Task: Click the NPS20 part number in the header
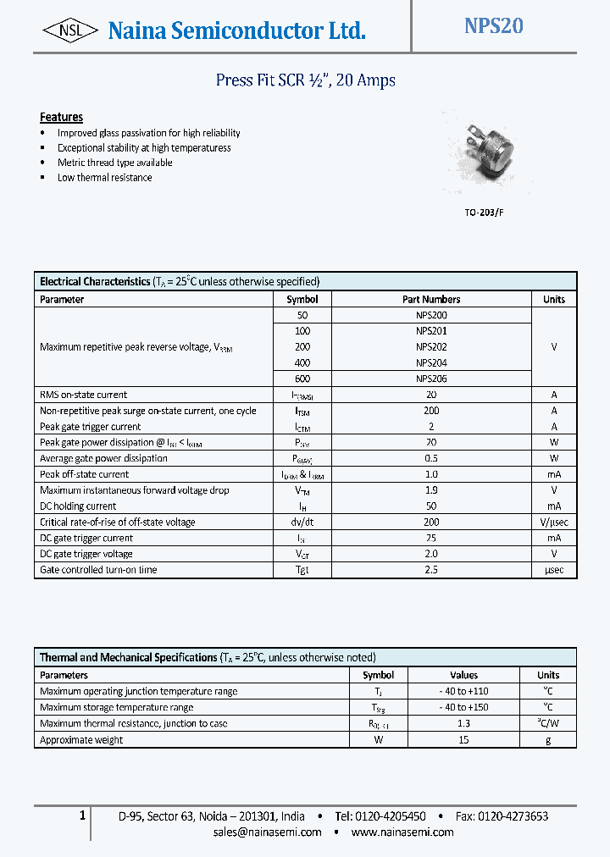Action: click(493, 26)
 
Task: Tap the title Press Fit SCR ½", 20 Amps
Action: click(305, 80)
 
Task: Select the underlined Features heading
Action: click(61, 117)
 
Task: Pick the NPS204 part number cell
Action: click(431, 362)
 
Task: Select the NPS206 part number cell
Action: click(431, 379)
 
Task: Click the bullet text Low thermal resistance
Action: click(104, 178)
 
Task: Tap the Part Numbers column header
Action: click(431, 299)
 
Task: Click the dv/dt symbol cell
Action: click(302, 522)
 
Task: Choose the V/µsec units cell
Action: click(553, 522)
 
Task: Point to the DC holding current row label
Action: click(78, 506)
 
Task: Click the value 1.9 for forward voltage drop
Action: click(431, 490)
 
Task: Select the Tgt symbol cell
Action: click(302, 570)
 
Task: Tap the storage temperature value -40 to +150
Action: click(463, 707)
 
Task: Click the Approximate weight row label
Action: click(81, 739)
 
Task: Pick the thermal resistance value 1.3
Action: click(463, 723)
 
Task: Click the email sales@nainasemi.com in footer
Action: click(267, 832)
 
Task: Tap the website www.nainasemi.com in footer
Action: click(402, 832)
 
